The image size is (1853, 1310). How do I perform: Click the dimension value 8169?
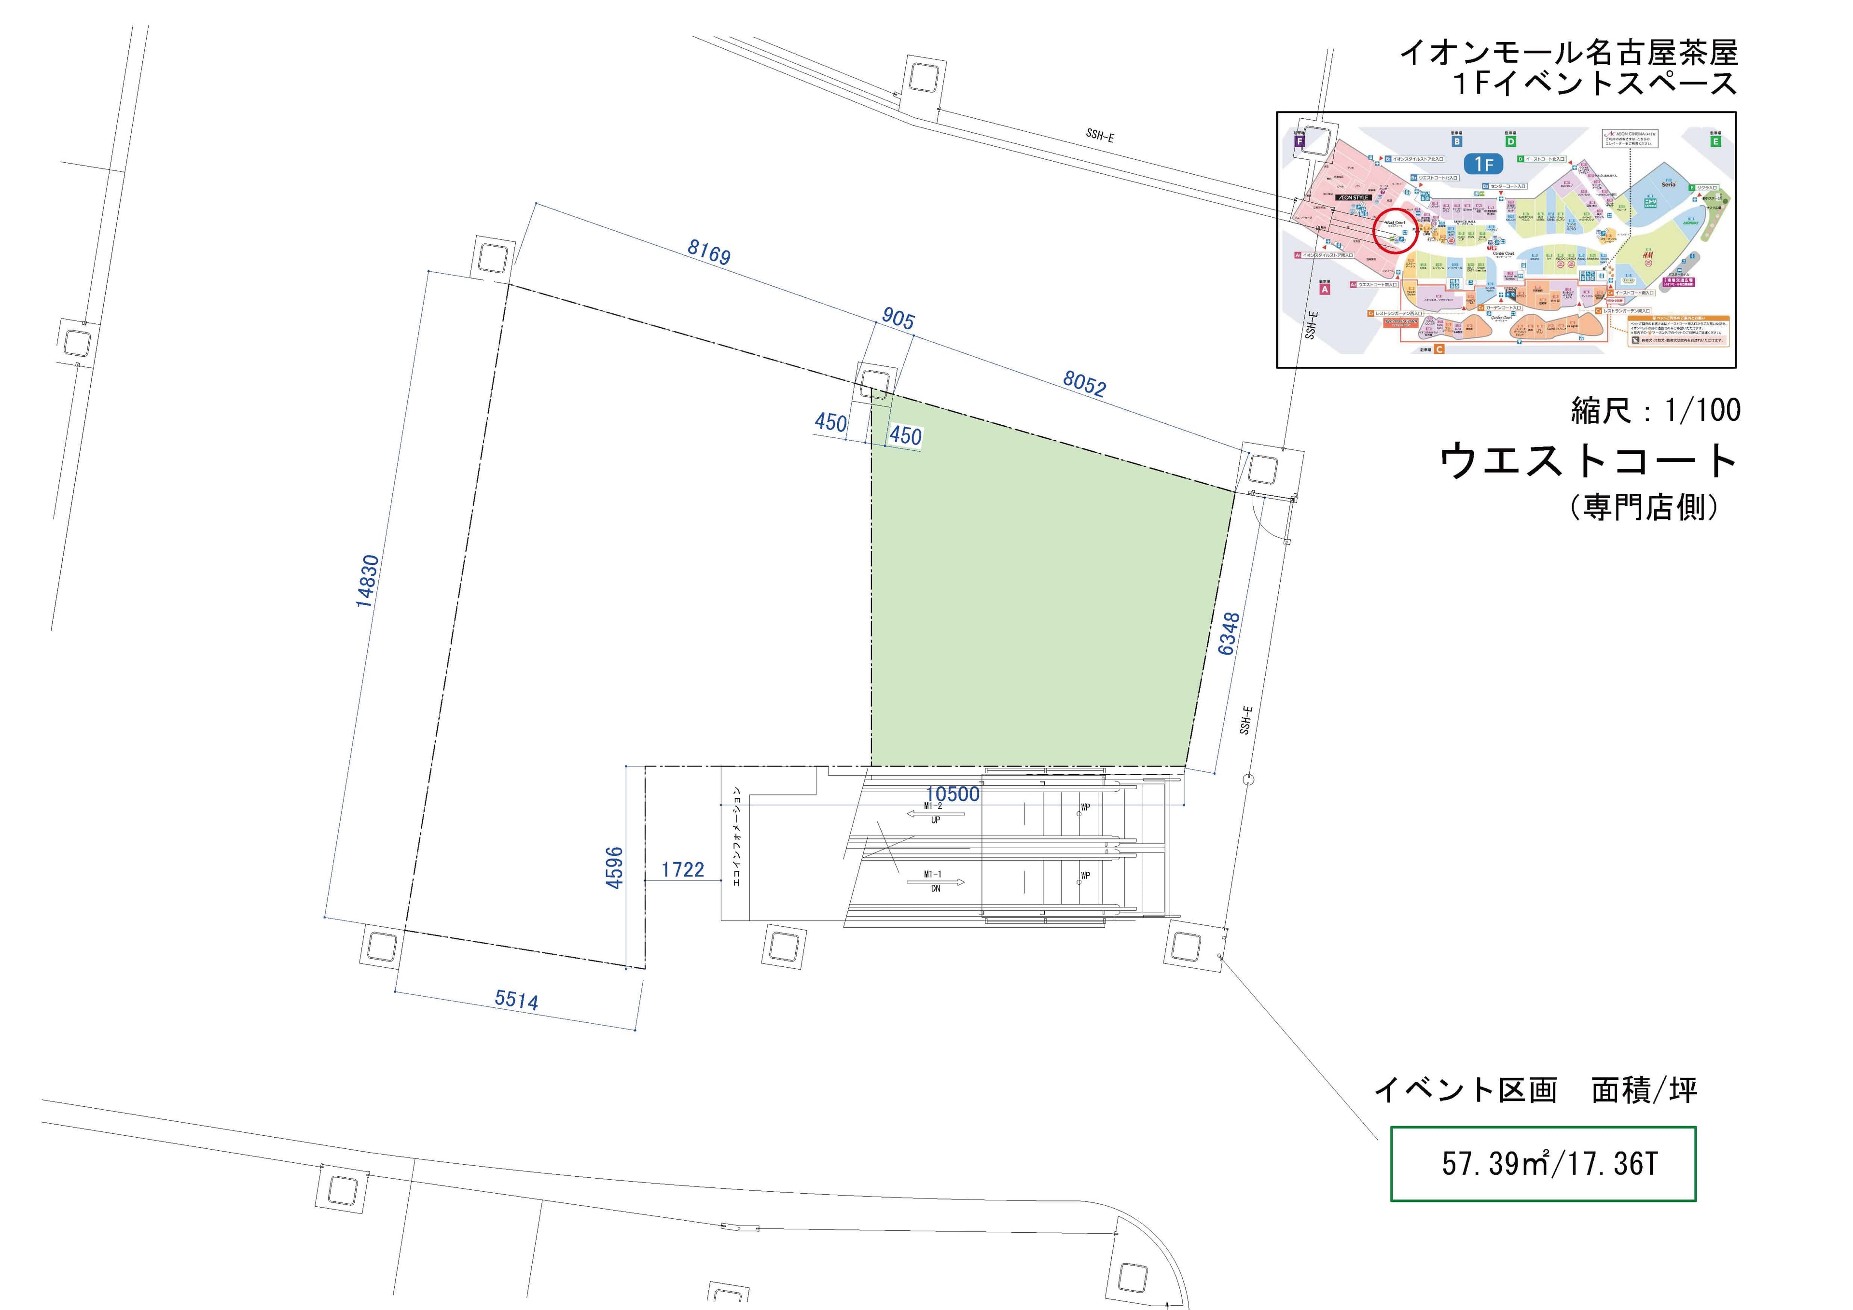tap(708, 252)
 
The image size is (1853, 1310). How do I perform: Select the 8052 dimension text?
tap(1084, 383)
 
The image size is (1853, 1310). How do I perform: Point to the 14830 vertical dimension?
tap(367, 581)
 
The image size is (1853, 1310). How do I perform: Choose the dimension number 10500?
tap(953, 794)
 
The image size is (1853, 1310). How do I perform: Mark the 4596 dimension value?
tap(615, 868)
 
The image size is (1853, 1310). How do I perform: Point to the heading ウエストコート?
tap(1588, 461)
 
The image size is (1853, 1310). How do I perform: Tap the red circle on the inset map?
tap(1396, 232)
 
